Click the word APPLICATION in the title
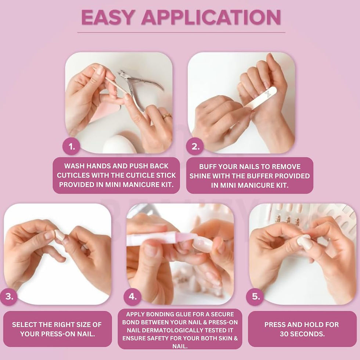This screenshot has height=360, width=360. click(211, 17)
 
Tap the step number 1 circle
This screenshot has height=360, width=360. click(71, 146)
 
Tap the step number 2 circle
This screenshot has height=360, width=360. click(195, 146)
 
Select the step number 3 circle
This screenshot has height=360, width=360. click(9, 296)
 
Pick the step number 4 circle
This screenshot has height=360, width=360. click(132, 296)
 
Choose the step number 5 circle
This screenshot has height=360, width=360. click(255, 296)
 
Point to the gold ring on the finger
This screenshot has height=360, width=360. click(167, 115)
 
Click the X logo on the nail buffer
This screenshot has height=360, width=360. click(268, 94)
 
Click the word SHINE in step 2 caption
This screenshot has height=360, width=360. click(200, 176)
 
